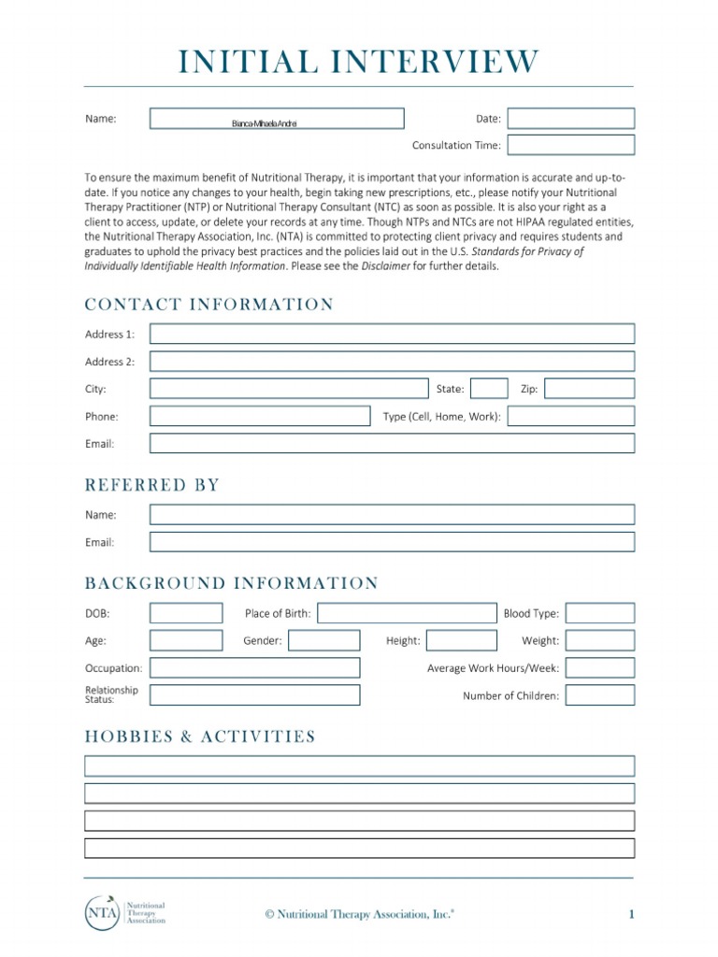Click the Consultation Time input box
click(570, 145)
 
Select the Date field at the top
click(570, 119)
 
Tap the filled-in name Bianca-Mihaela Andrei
click(265, 123)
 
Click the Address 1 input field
click(392, 334)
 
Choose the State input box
click(489, 389)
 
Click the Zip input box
click(589, 389)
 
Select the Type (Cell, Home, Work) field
click(570, 417)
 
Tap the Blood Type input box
click(599, 614)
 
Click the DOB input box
click(186, 614)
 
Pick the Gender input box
click(323, 641)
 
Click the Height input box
click(462, 641)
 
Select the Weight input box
click(599, 641)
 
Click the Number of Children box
click(599, 695)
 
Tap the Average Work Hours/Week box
click(599, 668)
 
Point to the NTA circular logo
click(101, 913)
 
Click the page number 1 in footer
click(631, 914)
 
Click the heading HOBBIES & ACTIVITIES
click(200, 737)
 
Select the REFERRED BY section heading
click(152, 485)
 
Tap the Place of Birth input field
click(408, 614)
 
